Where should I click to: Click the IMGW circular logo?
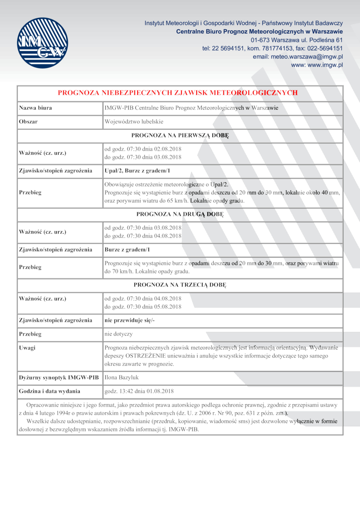[42, 43]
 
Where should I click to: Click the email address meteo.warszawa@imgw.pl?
[298, 57]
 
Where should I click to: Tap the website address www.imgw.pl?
[317, 65]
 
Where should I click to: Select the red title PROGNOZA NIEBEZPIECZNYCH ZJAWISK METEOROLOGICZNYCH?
[178, 93]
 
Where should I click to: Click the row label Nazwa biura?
[35, 108]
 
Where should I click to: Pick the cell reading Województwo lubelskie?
[134, 122]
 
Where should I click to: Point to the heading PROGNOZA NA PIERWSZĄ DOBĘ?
[180, 135]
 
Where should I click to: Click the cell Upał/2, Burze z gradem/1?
[137, 170]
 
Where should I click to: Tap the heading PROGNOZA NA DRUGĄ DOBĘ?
[180, 214]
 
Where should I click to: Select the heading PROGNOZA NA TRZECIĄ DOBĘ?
[180, 285]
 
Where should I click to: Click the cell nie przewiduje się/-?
[130, 320]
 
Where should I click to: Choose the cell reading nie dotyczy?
[118, 334]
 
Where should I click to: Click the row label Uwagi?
[27, 348]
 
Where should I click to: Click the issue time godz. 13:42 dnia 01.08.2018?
[139, 391]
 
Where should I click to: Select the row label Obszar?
[28, 122]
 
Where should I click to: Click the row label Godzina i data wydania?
[49, 391]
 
